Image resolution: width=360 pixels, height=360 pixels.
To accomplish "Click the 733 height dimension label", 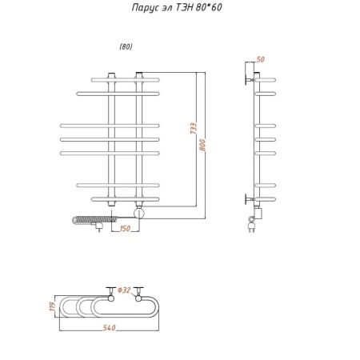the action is pyautogui.click(x=194, y=128).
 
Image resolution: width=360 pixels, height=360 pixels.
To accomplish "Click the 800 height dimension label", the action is pyautogui.click(x=202, y=145).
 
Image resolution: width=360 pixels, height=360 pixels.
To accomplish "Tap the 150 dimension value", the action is pyautogui.click(x=125, y=229).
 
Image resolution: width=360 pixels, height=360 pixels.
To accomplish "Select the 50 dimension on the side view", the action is pyautogui.click(x=260, y=59).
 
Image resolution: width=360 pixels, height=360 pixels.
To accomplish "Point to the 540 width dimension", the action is pyautogui.click(x=110, y=328).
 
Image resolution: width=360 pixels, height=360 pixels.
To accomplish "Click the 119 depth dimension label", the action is pyautogui.click(x=53, y=306).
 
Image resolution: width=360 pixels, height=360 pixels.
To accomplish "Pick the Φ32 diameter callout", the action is pyautogui.click(x=124, y=290).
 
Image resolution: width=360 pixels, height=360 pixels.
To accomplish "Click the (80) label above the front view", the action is pyautogui.click(x=126, y=46).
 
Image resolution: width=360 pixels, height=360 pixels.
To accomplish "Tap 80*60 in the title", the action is pyautogui.click(x=209, y=7).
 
